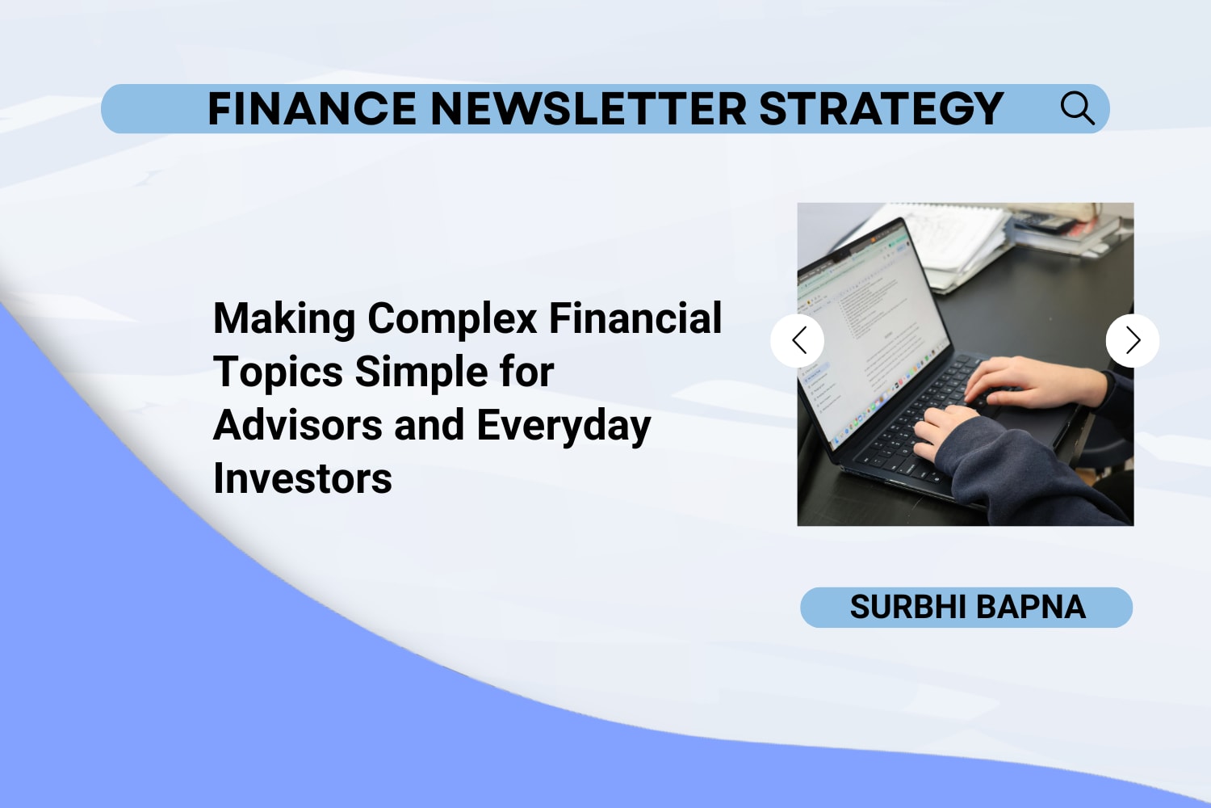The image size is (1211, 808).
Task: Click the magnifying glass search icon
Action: click(1078, 108)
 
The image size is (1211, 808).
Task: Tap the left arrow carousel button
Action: click(798, 340)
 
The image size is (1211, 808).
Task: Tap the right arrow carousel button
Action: click(1133, 340)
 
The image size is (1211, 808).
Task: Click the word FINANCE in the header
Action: click(312, 109)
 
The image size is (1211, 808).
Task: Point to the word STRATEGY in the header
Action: click(882, 109)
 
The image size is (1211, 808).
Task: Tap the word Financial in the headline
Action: click(635, 318)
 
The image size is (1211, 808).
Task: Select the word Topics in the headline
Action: click(278, 373)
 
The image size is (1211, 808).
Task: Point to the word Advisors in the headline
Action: click(298, 425)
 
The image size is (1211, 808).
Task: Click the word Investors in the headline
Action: click(303, 478)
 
